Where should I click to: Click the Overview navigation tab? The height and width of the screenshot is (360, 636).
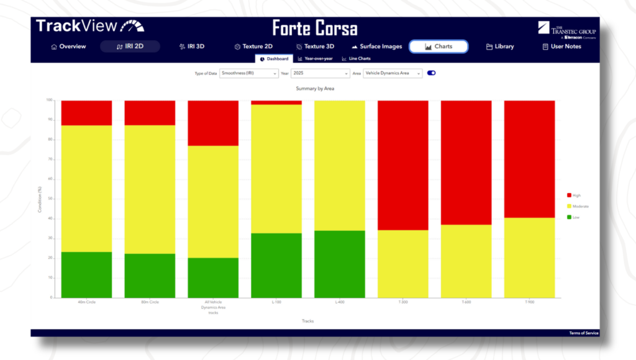point(68,47)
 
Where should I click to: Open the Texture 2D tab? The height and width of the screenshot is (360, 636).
point(253,47)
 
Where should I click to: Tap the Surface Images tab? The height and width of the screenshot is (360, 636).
point(376,47)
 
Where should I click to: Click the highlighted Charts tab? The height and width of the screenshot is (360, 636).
point(438,47)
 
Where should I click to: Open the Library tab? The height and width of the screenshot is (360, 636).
point(500,47)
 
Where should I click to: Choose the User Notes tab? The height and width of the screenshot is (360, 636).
point(561,47)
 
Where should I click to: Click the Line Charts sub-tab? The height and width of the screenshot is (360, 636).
point(356,59)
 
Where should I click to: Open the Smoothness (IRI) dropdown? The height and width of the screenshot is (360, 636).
point(248,73)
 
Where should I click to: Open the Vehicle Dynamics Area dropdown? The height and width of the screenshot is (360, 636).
point(393,73)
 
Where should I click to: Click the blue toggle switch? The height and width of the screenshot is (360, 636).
point(432,73)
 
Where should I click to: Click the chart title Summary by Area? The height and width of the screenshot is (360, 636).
point(315,89)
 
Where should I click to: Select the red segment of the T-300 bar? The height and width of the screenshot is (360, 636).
point(403,164)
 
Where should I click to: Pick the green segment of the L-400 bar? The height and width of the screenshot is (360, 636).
point(340,264)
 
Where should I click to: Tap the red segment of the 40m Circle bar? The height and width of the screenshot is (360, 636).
point(86,112)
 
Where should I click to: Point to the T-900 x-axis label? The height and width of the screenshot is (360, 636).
point(529,302)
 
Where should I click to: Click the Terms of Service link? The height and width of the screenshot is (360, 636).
point(584,333)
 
